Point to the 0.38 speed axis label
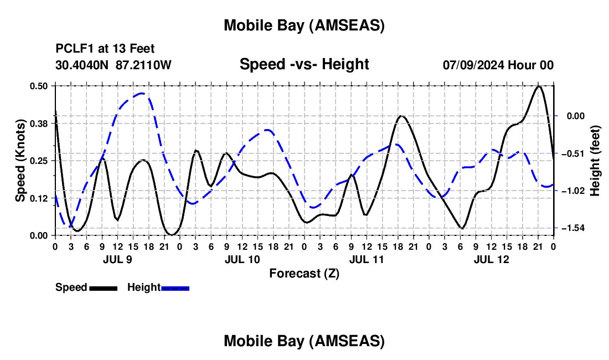point(39,124)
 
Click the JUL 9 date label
point(117,259)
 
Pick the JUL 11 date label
point(366,259)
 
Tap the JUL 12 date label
point(491,259)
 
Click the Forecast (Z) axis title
point(304,273)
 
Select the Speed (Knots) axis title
point(20,161)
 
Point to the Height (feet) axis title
point(595,161)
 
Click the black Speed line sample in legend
point(102,287)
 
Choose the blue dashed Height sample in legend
point(175,287)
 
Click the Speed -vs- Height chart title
point(304,64)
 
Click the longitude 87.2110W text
point(144,65)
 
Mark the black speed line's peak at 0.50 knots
point(538,86)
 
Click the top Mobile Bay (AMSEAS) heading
point(304,25)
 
